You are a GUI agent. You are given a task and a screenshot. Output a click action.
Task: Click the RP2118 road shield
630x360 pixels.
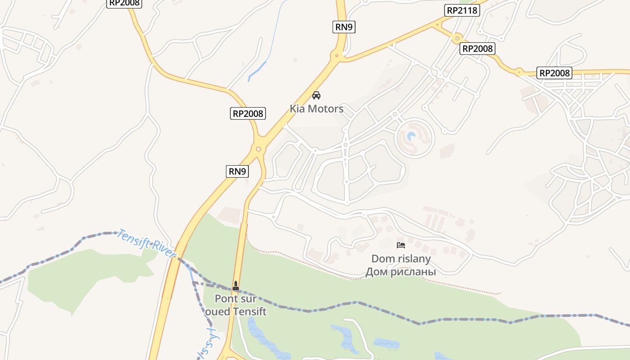[462, 10]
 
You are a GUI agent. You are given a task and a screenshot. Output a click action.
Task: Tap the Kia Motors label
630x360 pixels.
[316, 108]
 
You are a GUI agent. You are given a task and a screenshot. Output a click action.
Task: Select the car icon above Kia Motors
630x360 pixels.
[316, 95]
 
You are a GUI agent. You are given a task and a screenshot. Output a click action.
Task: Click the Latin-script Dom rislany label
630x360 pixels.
[401, 259]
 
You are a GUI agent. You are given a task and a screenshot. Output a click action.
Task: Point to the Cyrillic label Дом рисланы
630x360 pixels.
[401, 272]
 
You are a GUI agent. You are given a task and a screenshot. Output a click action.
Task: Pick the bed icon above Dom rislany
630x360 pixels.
[401, 245]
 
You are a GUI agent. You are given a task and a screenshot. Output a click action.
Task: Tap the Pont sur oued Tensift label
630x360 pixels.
[236, 305]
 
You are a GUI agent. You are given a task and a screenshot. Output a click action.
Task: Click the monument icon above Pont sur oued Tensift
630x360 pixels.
[235, 285]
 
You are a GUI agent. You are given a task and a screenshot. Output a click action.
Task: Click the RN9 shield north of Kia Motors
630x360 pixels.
[344, 27]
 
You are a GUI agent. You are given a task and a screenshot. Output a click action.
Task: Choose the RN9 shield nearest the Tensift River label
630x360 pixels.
[237, 171]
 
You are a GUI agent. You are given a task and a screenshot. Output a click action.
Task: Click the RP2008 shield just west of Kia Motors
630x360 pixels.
[247, 113]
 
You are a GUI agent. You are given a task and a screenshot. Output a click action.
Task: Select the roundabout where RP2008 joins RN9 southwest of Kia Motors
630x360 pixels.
[258, 149]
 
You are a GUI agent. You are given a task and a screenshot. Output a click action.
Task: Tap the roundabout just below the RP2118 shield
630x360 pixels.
[457, 38]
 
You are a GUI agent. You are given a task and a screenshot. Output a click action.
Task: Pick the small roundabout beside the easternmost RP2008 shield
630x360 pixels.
[519, 72]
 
